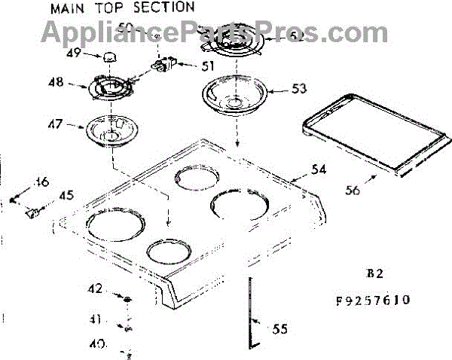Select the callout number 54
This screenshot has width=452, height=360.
[319, 169]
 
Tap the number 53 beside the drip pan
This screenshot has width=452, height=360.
[300, 89]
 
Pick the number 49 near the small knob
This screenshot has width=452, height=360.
[73, 53]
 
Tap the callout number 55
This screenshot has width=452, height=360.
[279, 328]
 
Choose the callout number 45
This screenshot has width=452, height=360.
[66, 196]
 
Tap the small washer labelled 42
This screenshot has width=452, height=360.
[128, 300]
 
